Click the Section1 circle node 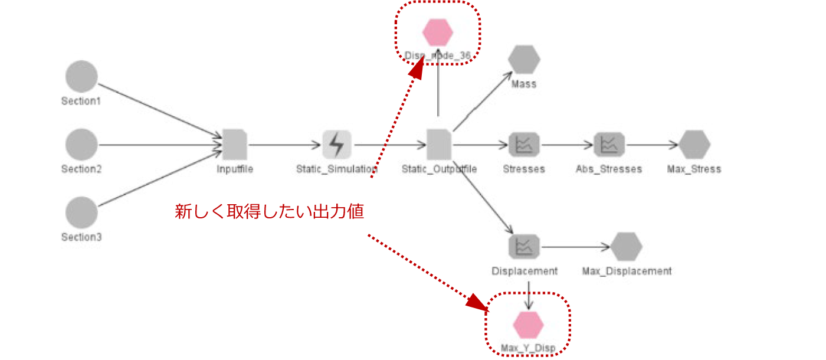coord(81,77)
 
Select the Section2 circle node coord(81,145)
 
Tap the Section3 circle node coord(81,212)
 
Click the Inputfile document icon coord(235,145)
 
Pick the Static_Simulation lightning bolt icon coord(337,145)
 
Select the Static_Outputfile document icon coord(438,145)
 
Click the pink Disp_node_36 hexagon coord(438,32)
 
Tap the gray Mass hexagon coord(524,60)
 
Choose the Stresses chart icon coord(524,145)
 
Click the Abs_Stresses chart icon coord(609,145)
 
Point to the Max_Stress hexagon coord(694,145)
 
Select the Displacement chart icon coord(524,247)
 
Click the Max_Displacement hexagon coord(627,247)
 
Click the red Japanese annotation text coord(269,212)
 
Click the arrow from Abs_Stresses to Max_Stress coord(651,145)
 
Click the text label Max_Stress coord(694,169)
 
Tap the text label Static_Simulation coord(337,169)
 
